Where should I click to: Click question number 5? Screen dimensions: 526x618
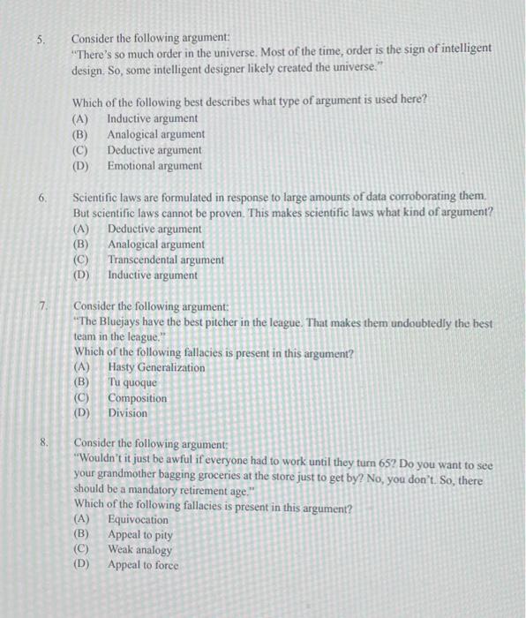coord(40,40)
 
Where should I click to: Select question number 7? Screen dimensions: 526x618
coord(42,305)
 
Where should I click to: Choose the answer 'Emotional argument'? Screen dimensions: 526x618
coord(154,165)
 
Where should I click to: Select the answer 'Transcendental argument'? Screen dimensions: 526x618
coord(165,260)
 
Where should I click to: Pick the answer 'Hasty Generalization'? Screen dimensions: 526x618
coord(156,367)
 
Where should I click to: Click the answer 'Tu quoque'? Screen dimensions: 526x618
coord(132,382)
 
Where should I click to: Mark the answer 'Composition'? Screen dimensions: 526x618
coord(137,398)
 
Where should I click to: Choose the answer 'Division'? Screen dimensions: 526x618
coord(128,413)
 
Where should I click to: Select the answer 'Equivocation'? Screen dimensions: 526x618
coord(138,519)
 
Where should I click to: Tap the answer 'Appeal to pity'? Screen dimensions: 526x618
coord(140,534)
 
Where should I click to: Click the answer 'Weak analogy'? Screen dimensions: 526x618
coord(139,549)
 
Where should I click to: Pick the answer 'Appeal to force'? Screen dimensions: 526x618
coord(142,565)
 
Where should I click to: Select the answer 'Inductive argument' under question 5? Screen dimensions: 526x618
coord(152,118)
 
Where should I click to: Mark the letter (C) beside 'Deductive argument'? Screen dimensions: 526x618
coord(80,150)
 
